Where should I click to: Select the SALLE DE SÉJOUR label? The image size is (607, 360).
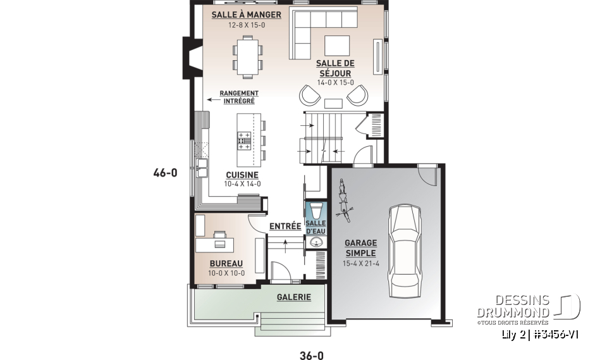click(335, 68)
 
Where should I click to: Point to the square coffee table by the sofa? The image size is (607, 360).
click(337, 46)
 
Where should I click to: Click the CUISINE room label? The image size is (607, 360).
click(242, 175)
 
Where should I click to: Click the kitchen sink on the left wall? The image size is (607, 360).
click(202, 168)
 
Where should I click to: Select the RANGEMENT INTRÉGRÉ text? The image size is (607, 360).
click(238, 97)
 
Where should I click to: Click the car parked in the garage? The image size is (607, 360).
click(404, 250)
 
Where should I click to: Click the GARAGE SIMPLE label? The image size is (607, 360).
click(360, 248)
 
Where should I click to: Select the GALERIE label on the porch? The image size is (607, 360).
click(294, 297)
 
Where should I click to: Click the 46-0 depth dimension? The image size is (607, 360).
click(165, 171)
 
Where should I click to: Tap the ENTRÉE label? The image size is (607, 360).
click(285, 226)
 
